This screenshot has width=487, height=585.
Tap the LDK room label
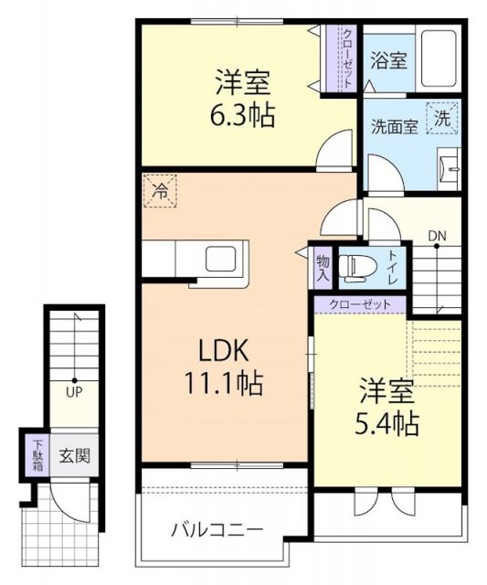pos(223,351)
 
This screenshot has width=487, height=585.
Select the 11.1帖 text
pos(223,384)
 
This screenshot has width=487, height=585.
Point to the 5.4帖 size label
pos(386,424)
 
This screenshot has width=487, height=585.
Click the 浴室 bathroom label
pos(389,61)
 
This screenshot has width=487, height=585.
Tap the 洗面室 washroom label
pos(395,127)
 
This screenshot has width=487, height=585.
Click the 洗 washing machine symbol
pos(442,117)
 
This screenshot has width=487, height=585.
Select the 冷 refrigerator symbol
pos(160,192)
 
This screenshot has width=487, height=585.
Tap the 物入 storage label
pos(323,266)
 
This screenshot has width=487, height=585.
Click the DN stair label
pos(437,236)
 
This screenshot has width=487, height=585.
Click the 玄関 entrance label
pos(75,456)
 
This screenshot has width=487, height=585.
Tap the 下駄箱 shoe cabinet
pos(36,455)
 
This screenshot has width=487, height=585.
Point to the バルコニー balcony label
pos(218,530)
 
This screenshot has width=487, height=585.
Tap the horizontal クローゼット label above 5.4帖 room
pos(358,303)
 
